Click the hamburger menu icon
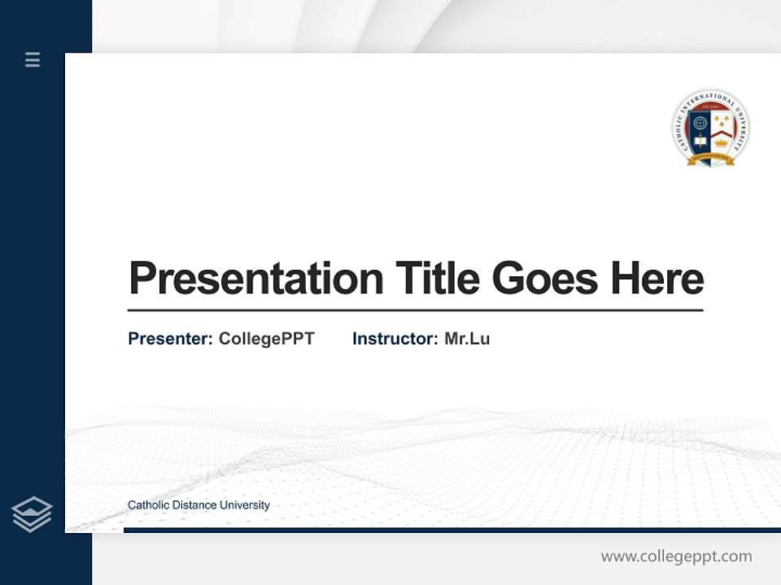33,59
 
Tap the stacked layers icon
32,514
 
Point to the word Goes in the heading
545,278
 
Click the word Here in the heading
657,278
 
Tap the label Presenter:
170,339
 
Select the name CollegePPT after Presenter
266,339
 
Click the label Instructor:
395,339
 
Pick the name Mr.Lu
467,339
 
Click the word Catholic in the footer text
146,505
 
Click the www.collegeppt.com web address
676,557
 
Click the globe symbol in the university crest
700,123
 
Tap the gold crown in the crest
721,141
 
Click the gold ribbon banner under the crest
711,160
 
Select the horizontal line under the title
415,310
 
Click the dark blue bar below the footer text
452,530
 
